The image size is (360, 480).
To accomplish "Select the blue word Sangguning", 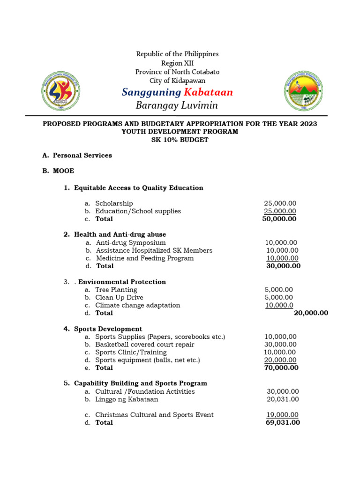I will pos(151,92).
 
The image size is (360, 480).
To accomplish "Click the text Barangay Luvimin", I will pos(177,105).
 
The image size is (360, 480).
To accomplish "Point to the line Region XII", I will pos(177,63).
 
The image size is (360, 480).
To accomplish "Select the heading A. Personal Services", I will pos(77,155).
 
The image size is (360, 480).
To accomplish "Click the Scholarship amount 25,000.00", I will pos(280,203).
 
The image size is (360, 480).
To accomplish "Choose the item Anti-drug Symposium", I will pos(131,242).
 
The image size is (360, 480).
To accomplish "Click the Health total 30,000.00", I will pos(283,266).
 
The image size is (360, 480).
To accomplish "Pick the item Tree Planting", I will pos(116,290).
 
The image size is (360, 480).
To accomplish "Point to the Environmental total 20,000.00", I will pos(311,313).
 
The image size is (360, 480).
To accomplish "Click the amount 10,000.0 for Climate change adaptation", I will pos(279,305).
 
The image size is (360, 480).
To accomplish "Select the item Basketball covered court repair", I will pos(144,345).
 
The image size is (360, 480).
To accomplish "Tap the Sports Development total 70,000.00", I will pos(281,367).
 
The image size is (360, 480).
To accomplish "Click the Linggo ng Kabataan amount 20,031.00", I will pos(283,399).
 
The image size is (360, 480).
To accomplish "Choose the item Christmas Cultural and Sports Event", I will pos(154,415).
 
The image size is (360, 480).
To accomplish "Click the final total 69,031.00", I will pos(283,422).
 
